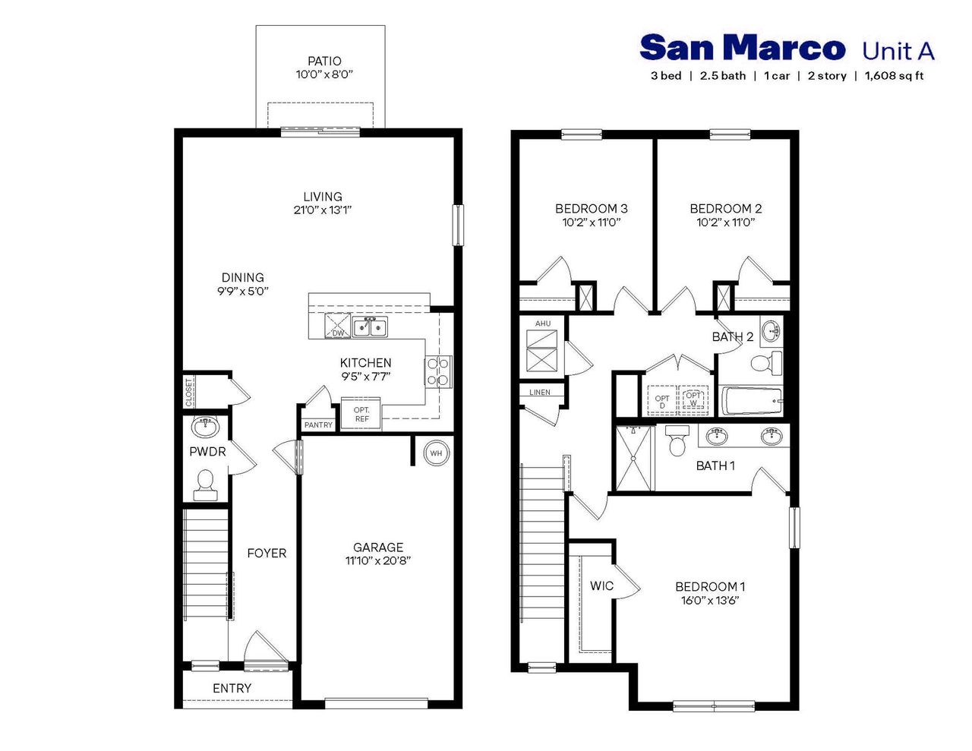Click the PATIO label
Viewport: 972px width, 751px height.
pos(324,62)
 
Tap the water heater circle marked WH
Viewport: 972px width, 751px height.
pos(436,453)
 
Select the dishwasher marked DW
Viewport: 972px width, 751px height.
pos(338,326)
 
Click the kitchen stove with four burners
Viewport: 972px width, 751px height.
pos(438,372)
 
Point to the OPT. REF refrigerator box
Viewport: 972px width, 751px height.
pos(361,415)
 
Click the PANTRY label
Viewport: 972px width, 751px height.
pos(318,425)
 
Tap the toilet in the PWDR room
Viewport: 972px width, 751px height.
pos(205,484)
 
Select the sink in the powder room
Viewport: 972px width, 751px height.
pos(205,427)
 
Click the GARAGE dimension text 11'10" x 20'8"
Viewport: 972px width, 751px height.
pos(377,561)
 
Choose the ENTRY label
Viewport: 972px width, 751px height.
pos(232,689)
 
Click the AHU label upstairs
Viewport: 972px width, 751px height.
pos(542,323)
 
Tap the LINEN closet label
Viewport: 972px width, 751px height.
pos(540,393)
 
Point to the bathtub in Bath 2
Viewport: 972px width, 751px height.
pos(751,400)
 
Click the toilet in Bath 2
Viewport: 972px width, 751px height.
pos(765,362)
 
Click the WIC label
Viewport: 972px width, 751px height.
pos(601,586)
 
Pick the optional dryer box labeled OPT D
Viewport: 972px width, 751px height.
pos(662,401)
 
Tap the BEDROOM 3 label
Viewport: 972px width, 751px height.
pos(591,209)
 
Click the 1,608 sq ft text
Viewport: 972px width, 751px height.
pos(894,76)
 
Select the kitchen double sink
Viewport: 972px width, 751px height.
pos(370,327)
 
